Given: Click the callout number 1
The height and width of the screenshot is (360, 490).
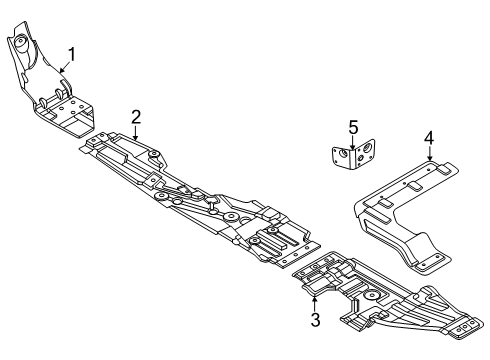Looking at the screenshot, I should pyautogui.click(x=71, y=54).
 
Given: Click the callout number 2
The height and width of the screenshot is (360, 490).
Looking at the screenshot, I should pyautogui.click(x=136, y=117).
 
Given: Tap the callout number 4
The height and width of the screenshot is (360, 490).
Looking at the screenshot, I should pyautogui.click(x=428, y=138).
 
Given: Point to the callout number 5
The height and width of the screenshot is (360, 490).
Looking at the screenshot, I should pyautogui.click(x=352, y=126).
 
